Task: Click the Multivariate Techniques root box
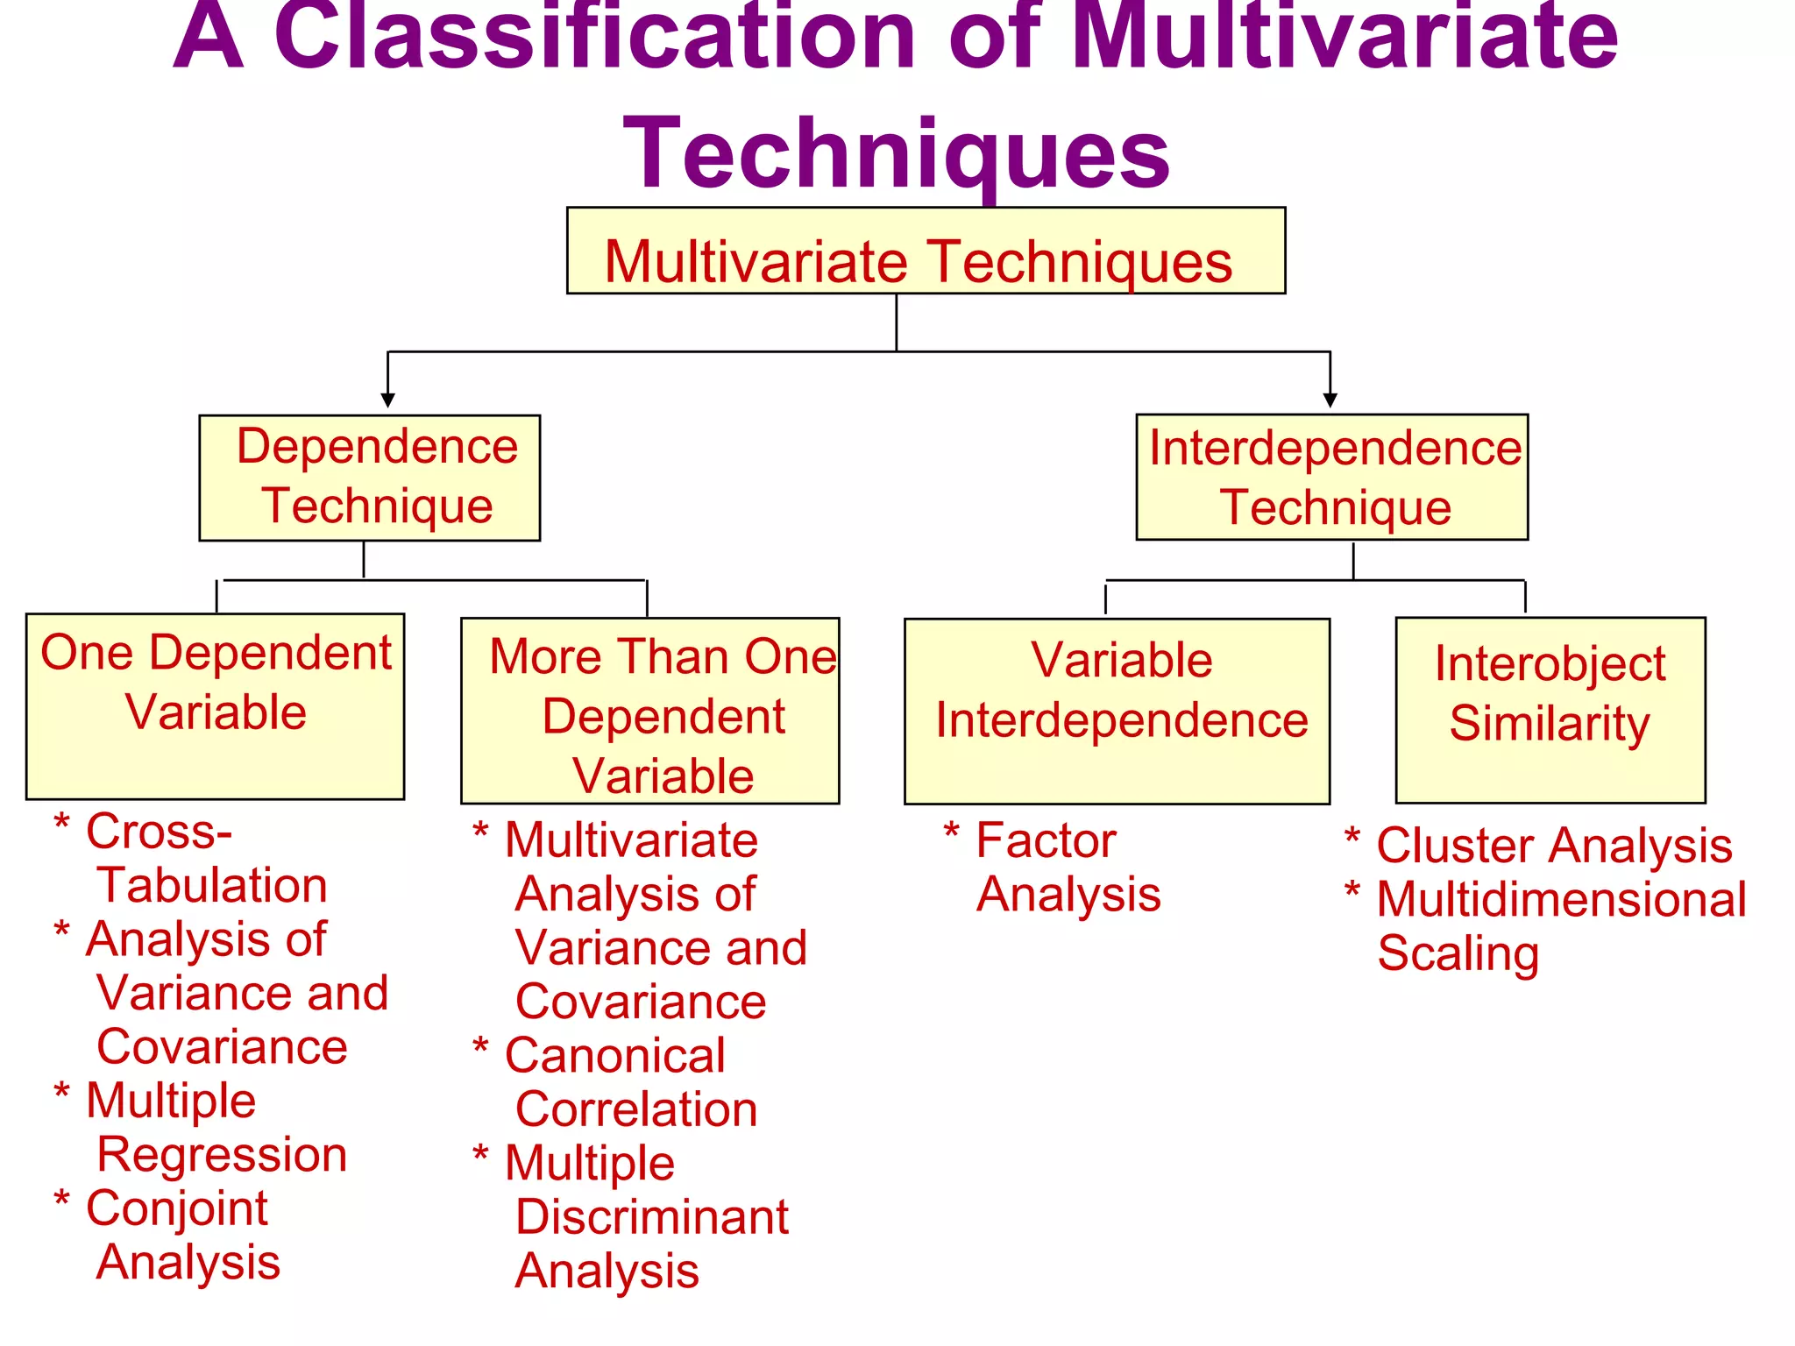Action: [x=926, y=251]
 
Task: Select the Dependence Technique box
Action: [x=369, y=478]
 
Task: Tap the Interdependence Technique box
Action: [x=1331, y=478]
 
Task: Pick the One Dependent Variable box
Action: [x=215, y=706]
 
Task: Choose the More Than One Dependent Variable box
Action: [x=649, y=711]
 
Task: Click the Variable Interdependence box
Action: [x=1117, y=711]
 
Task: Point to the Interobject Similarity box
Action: [x=1550, y=710]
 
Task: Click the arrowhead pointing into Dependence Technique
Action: [x=387, y=400]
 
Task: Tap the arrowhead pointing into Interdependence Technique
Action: [x=1330, y=400]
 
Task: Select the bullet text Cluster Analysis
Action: [x=1554, y=846]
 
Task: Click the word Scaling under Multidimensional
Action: [x=1458, y=953]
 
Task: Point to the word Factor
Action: [x=1046, y=841]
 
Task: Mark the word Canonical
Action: [x=615, y=1055]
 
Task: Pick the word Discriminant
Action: [x=652, y=1217]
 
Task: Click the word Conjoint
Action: [x=177, y=1208]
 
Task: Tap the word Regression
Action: [x=222, y=1155]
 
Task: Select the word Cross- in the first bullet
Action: [x=159, y=832]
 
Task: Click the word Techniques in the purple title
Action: [x=896, y=154]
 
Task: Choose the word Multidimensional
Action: [x=1561, y=900]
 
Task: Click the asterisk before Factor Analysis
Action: [x=951, y=830]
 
